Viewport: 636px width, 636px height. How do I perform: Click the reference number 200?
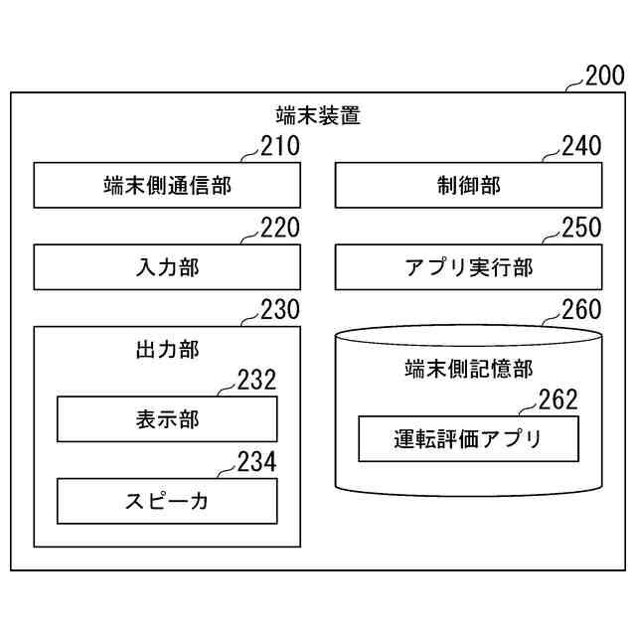click(x=605, y=77)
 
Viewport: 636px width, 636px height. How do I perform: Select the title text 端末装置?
click(x=318, y=115)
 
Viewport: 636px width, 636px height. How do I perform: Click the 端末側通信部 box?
click(x=167, y=185)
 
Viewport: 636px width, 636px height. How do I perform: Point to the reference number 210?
click(x=279, y=147)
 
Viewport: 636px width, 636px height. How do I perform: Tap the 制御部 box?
click(x=468, y=185)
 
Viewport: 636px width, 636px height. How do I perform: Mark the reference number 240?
click(x=581, y=147)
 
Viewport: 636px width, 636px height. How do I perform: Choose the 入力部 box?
click(x=167, y=267)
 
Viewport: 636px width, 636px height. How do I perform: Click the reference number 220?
click(x=279, y=229)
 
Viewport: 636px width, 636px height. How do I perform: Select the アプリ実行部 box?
click(x=468, y=267)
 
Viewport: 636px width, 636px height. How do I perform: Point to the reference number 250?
click(x=581, y=229)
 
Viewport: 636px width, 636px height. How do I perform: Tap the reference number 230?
click(x=279, y=310)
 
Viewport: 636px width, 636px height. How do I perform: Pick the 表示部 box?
click(x=167, y=419)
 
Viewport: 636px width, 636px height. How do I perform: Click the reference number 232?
click(x=256, y=381)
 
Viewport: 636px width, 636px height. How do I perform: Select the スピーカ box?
click(x=167, y=501)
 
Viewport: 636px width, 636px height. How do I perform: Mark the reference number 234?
click(x=256, y=462)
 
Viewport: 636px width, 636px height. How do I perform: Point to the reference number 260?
click(x=581, y=310)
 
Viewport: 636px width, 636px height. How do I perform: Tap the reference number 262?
click(x=557, y=400)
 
